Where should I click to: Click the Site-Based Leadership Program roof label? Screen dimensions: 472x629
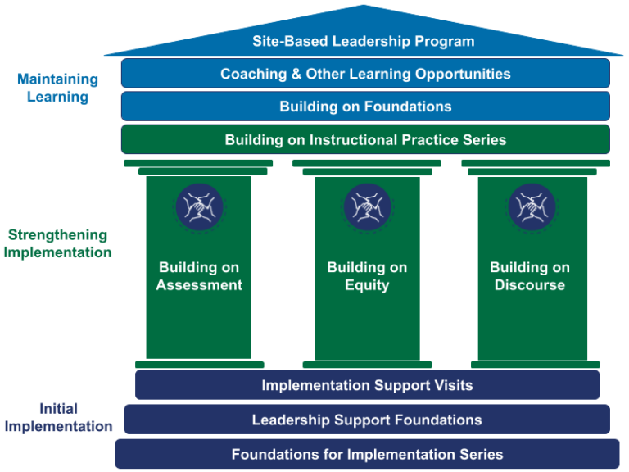[x=363, y=41]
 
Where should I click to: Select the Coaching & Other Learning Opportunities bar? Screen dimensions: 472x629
[x=365, y=74]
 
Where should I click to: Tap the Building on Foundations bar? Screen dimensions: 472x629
[x=365, y=107]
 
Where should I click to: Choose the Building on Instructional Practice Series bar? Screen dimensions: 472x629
[x=365, y=140]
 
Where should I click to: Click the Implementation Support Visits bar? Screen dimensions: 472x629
[x=367, y=385]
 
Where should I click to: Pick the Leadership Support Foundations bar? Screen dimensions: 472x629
[x=367, y=420]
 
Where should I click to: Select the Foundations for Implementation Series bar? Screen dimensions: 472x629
[x=367, y=454]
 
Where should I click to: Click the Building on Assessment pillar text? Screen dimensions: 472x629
[x=199, y=276]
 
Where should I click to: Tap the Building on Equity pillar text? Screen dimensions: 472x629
[x=367, y=276]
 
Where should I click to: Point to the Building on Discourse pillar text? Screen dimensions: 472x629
[x=530, y=276]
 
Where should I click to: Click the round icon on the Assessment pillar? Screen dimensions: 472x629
[x=199, y=206]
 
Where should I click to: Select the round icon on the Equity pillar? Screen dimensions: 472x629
[x=367, y=206]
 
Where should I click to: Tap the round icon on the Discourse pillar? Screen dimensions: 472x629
[x=532, y=206]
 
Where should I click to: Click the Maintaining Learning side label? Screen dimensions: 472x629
[x=57, y=88]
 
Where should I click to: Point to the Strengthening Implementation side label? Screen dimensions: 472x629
[x=57, y=244]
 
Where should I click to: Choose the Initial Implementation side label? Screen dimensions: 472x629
[x=57, y=417]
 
